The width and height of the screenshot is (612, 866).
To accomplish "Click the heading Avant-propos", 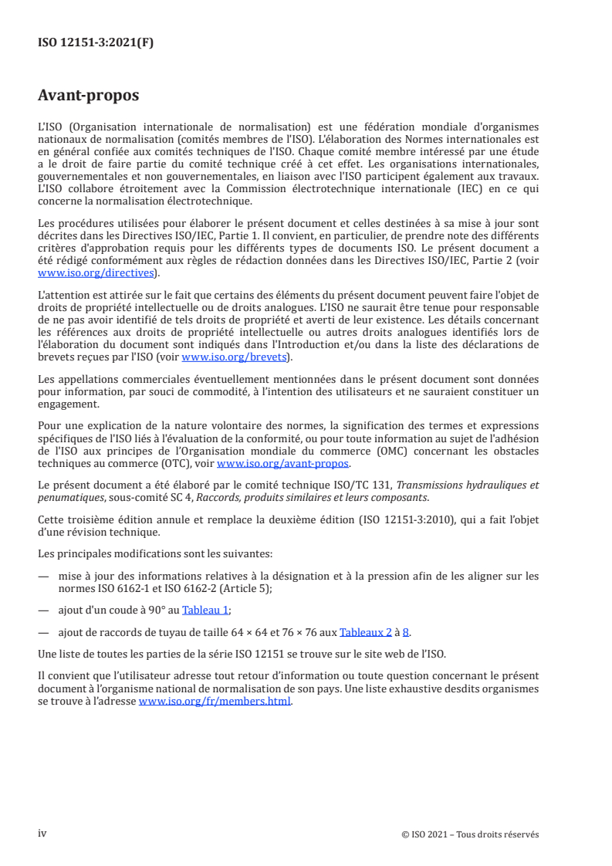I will click(88, 96).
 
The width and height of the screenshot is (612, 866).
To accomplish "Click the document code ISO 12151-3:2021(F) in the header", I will click(96, 43).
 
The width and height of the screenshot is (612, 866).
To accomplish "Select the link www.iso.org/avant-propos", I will click(283, 463).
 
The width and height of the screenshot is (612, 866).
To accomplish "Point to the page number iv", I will click(42, 834).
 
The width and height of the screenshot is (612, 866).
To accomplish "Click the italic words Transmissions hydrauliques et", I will click(468, 485).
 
